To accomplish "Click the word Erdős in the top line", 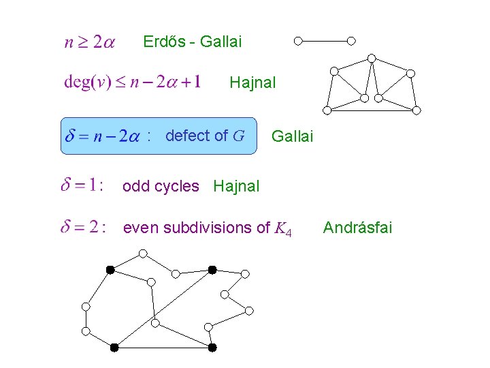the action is coord(163,42).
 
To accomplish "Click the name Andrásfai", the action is coord(357,227).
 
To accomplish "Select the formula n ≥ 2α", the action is coord(89,42).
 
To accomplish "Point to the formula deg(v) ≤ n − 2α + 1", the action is coord(132,82).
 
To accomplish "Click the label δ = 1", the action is coord(82,185).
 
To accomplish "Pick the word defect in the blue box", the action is coord(186,136).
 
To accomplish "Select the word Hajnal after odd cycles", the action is coord(236,186).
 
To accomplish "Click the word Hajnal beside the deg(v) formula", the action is coord(252,83).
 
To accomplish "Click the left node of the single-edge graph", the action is coord(298,41).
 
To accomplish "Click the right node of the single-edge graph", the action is coord(351,41).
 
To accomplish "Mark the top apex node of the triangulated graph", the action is coord(372,58).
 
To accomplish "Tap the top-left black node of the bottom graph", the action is coord(110,270).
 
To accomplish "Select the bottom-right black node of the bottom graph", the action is coord(212,348).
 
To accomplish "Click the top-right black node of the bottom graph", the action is coord(212,270).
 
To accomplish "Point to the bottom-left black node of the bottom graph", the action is coord(114,348).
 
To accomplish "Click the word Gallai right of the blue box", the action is coord(292,137).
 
